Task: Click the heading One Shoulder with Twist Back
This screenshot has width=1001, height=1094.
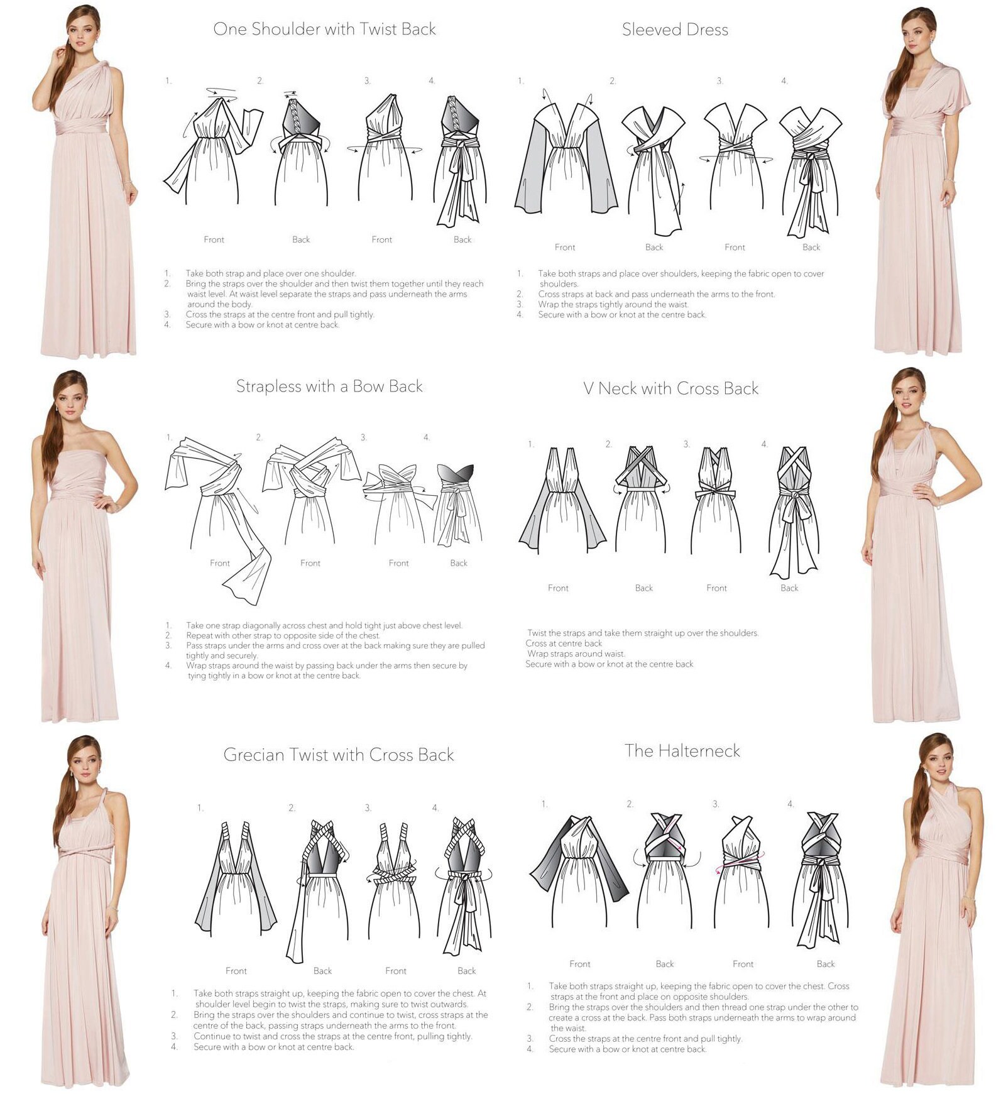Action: pos(324,30)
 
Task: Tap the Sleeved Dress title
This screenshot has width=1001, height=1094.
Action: pos(675,30)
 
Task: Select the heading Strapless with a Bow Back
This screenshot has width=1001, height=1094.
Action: pos(329,386)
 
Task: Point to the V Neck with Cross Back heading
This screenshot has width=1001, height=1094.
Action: pos(670,388)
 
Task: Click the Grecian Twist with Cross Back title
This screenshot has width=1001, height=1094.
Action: pos(338,755)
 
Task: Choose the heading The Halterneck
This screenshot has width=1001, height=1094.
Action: pos(682,751)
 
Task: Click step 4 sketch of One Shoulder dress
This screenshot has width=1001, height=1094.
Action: pos(461,160)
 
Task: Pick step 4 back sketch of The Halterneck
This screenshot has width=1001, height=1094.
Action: pos(823,880)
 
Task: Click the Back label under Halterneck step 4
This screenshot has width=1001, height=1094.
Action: pos(826,964)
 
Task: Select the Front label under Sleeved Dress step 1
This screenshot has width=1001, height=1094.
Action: pos(564,247)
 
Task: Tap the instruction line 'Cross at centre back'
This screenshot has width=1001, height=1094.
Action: pos(564,643)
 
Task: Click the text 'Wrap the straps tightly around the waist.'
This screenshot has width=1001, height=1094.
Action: pos(613,304)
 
